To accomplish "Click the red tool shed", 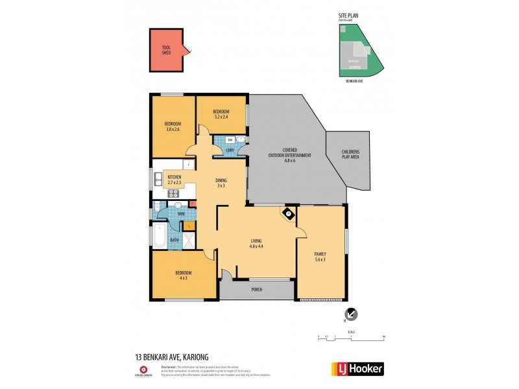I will coord(168,50).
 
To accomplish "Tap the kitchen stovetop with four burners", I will coord(173,192).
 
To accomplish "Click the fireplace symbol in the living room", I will coord(287,213).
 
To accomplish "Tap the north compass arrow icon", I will coord(351,314).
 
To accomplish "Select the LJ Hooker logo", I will coord(357,368).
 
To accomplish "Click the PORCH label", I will coord(256,289).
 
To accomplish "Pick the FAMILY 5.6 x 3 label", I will coord(320,257).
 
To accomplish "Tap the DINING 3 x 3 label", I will coord(221,183).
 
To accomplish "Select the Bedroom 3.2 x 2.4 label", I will coord(221,115).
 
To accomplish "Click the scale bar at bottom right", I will coord(351,336).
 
